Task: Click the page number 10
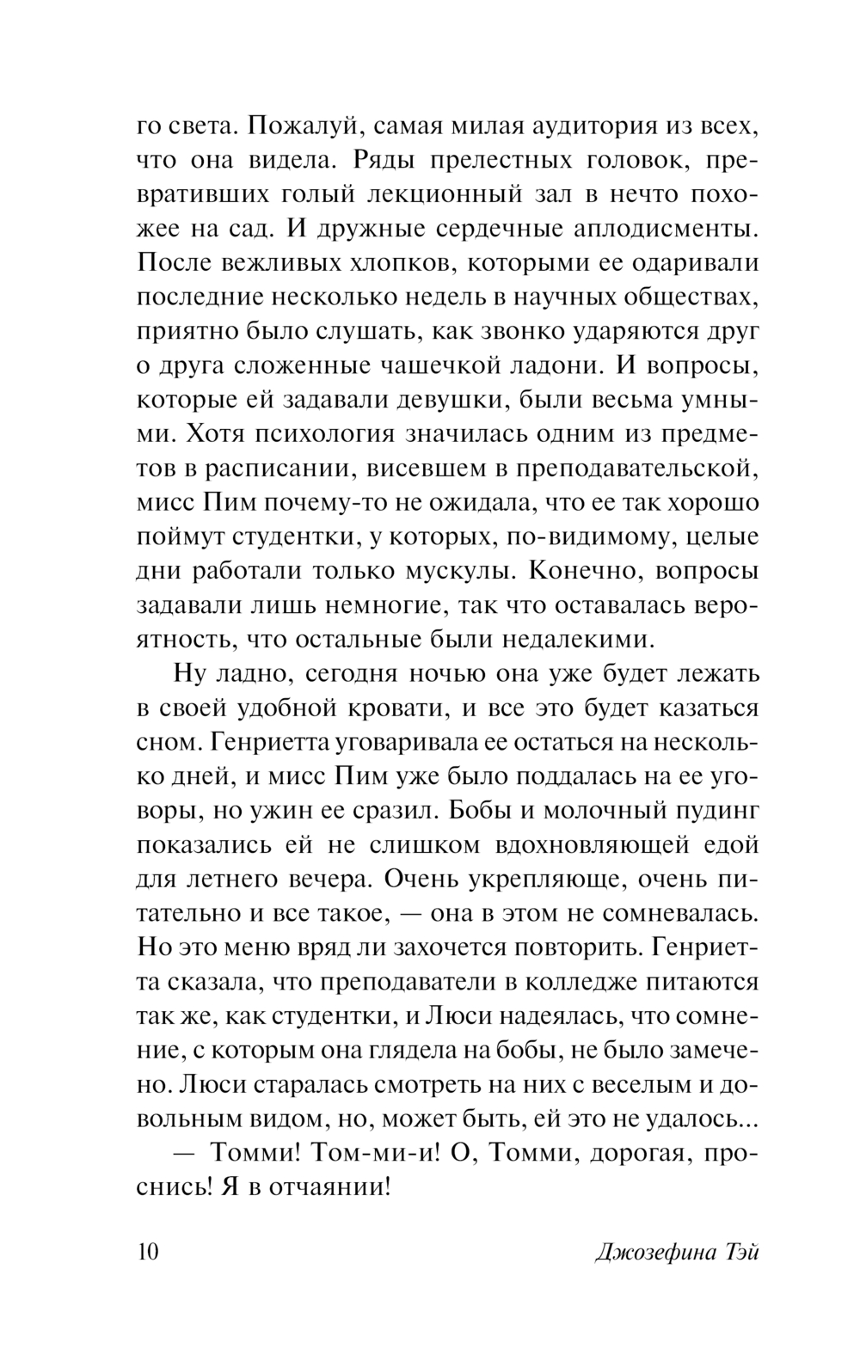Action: coord(148,1252)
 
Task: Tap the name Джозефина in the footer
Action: coord(656,1252)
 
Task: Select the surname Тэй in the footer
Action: coord(740,1252)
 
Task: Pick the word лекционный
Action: coord(445,195)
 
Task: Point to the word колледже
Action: coord(595,982)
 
